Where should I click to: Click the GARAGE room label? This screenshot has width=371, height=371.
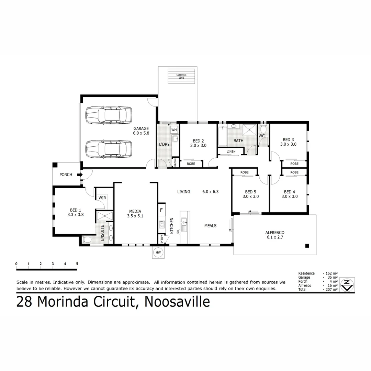pos(141,128)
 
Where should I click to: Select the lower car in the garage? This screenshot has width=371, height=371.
pos(109,149)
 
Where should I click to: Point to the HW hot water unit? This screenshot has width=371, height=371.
pos(158,252)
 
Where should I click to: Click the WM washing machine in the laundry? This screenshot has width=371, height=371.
pos(174,130)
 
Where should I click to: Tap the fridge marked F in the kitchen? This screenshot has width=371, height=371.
pos(161,209)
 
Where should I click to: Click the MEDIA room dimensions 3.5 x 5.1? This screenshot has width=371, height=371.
pos(135,216)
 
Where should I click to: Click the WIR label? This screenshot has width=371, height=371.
pos(102,198)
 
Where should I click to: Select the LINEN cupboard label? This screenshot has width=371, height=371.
pos(231,151)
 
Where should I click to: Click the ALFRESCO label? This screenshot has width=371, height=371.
pos(274,233)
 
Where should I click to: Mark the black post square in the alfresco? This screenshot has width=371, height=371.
pos(307,246)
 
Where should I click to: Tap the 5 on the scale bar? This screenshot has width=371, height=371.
pos(77,264)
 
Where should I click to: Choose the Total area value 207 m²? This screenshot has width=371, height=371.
pos(331,290)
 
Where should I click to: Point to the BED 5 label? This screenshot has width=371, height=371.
pos(250,192)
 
